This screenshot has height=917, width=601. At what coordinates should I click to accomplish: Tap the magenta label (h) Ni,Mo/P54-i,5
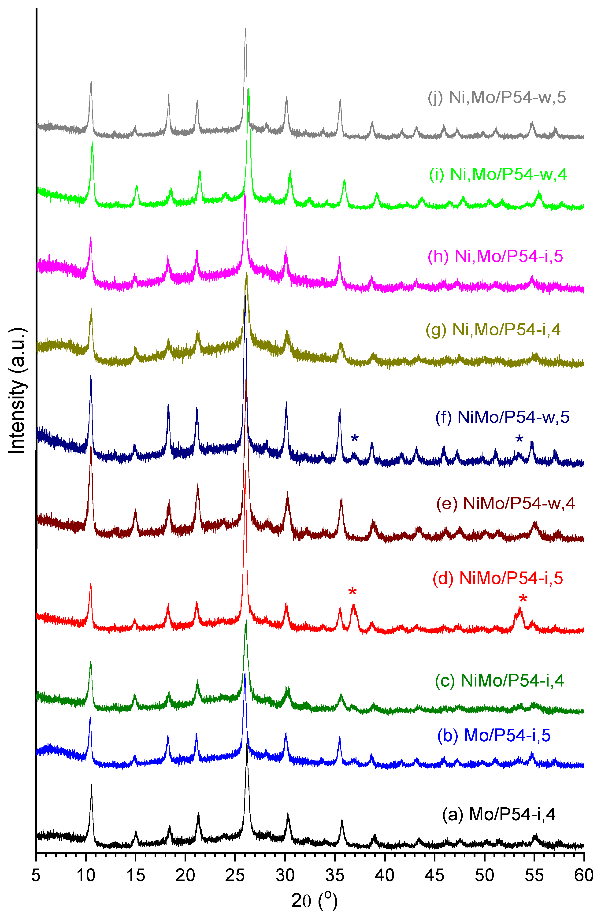tap(495, 256)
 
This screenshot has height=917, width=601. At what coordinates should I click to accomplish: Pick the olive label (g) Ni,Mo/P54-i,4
tap(493, 329)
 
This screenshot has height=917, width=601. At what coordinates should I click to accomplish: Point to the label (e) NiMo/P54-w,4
tap(505, 503)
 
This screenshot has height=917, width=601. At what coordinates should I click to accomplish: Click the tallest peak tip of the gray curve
tap(245, 29)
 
